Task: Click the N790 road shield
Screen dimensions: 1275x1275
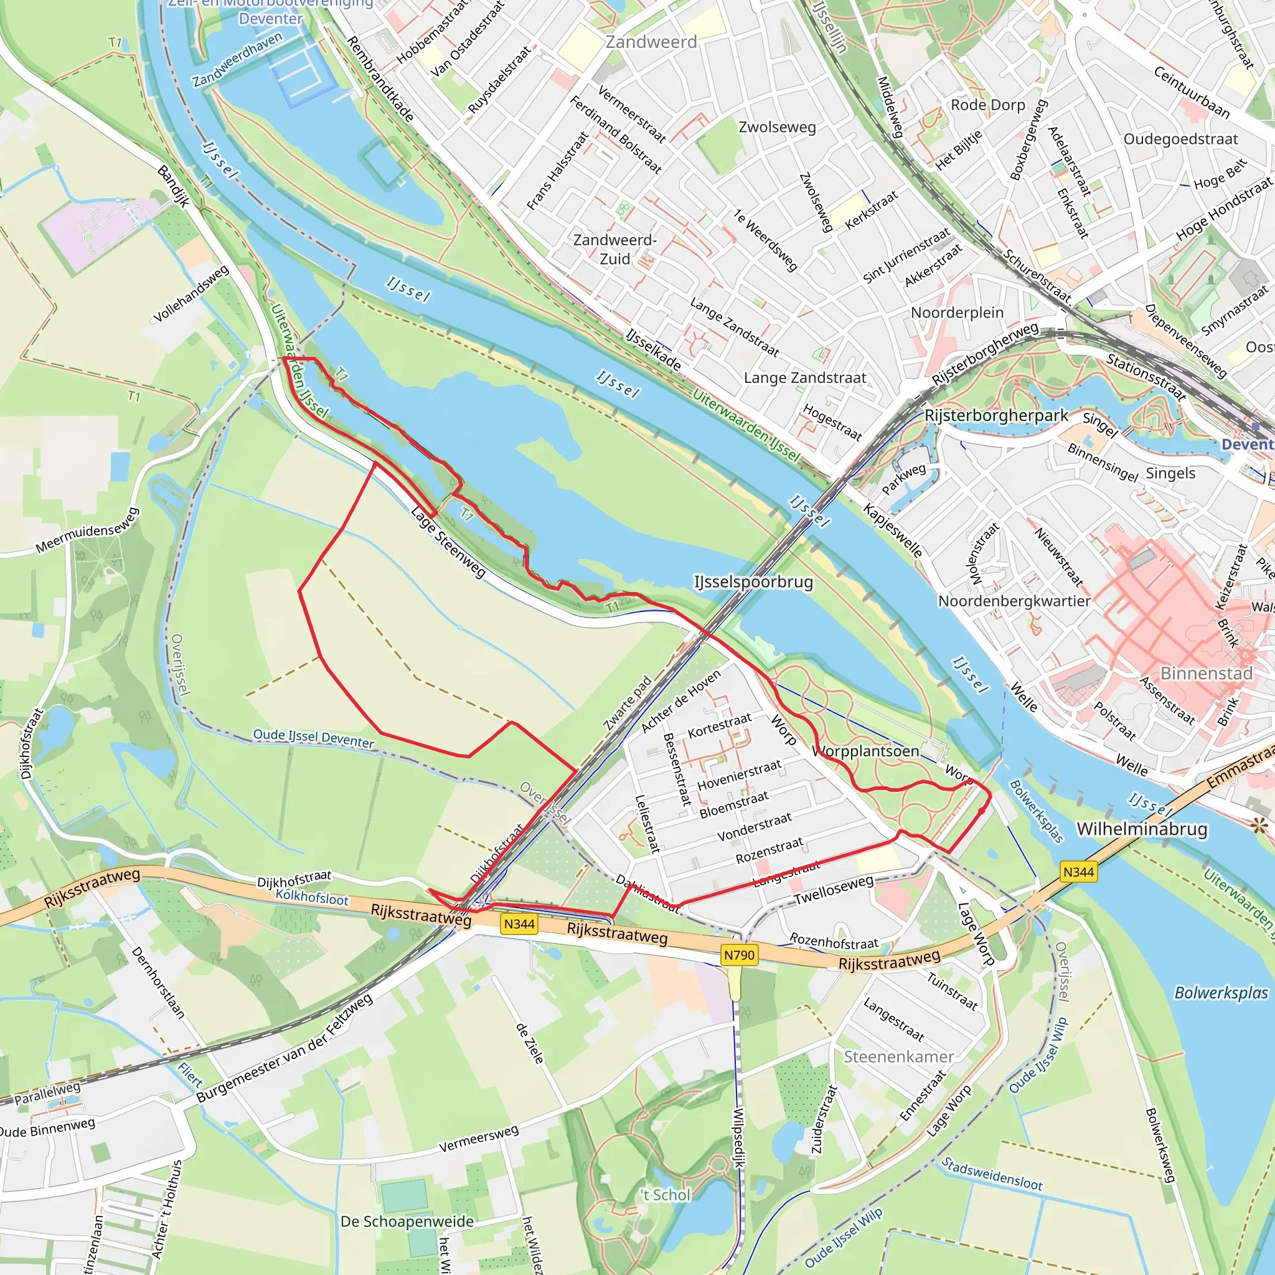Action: pyautogui.click(x=738, y=955)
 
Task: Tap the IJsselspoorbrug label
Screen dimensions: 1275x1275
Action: pyautogui.click(x=753, y=582)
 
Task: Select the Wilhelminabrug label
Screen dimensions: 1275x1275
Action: pyautogui.click(x=1142, y=829)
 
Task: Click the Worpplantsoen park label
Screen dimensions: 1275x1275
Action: pyautogui.click(x=865, y=751)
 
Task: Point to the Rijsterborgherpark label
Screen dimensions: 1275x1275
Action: pyautogui.click(x=996, y=416)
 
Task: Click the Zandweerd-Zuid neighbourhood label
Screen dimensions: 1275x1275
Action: pyautogui.click(x=614, y=250)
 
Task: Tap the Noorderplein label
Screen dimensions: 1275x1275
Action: pyautogui.click(x=957, y=313)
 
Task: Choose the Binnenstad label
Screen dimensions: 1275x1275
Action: pyautogui.click(x=1207, y=673)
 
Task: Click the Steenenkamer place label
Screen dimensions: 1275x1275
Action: pyautogui.click(x=898, y=1056)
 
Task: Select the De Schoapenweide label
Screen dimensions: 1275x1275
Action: pyautogui.click(x=407, y=1221)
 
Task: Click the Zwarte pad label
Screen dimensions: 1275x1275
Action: pyautogui.click(x=628, y=703)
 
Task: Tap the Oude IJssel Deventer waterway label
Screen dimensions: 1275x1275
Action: pyautogui.click(x=314, y=738)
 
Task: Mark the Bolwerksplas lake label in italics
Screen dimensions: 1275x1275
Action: pyautogui.click(x=1221, y=993)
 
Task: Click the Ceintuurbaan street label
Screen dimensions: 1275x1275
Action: pyautogui.click(x=1191, y=92)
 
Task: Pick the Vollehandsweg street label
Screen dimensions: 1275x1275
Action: pyautogui.click(x=191, y=294)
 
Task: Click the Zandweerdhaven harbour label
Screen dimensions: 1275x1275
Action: pyautogui.click(x=237, y=59)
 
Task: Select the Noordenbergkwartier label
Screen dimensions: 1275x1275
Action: pyautogui.click(x=1014, y=601)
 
